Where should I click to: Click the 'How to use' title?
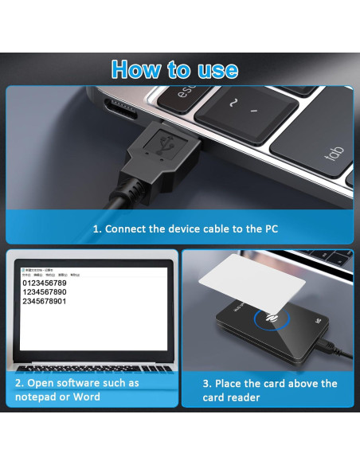[x=174, y=69]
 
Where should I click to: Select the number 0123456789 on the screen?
[x=45, y=283]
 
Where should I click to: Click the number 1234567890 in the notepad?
[x=45, y=292]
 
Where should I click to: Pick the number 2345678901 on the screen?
[x=45, y=301]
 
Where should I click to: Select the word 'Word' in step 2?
[x=87, y=397]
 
